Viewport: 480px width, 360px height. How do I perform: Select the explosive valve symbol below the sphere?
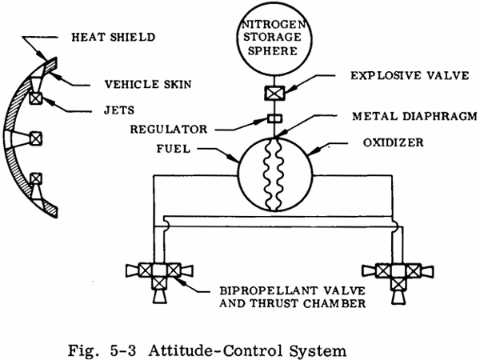pyautogui.click(x=274, y=94)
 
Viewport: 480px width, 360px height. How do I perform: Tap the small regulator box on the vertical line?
pyautogui.click(x=275, y=118)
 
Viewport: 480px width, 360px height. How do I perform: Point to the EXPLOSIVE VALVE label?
pyautogui.click(x=410, y=75)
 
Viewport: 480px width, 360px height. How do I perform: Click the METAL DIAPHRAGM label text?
pyautogui.click(x=414, y=116)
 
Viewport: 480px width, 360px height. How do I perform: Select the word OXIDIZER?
pyautogui.click(x=394, y=142)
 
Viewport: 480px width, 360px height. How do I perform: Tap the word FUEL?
pyautogui.click(x=174, y=149)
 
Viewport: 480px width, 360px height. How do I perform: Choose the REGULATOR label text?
pyautogui.click(x=169, y=129)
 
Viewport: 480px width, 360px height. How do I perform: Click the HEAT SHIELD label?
pyautogui.click(x=114, y=37)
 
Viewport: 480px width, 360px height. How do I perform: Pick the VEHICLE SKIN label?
pyautogui.click(x=148, y=84)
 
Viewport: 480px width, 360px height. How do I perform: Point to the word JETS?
pyautogui.click(x=119, y=110)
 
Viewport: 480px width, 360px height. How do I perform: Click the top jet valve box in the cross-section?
pyautogui.click(x=35, y=98)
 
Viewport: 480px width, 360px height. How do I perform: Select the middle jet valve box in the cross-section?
pyautogui.click(x=35, y=138)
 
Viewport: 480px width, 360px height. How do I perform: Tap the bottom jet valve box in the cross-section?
pyautogui.click(x=36, y=178)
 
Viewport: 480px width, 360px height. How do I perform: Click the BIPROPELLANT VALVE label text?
pyautogui.click(x=293, y=290)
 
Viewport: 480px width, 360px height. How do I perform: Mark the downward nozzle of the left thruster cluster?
pyautogui.click(x=160, y=297)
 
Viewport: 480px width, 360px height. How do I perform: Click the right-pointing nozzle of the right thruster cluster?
pyautogui.click(x=428, y=271)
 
